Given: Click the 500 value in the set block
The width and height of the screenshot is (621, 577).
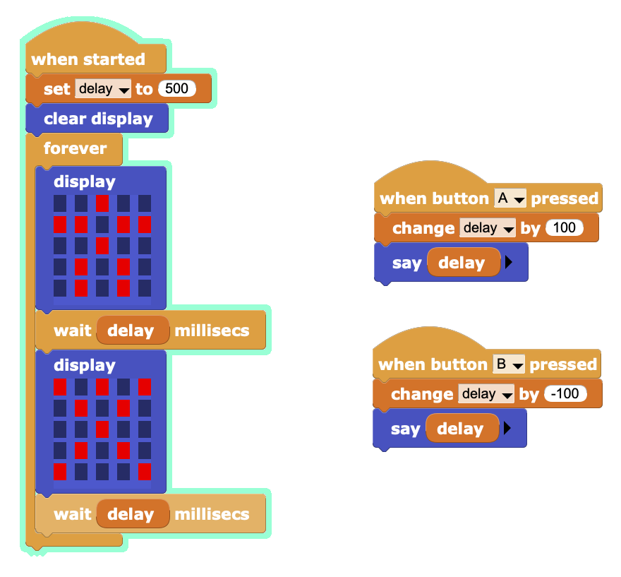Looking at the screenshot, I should [x=176, y=89].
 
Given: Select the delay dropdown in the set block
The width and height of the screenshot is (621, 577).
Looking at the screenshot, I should [x=103, y=89].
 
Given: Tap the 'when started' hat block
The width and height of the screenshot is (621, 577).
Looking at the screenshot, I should [x=88, y=59].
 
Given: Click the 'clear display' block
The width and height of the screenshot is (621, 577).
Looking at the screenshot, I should [x=97, y=119].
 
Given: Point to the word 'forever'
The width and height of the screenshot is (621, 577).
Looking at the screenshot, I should [x=75, y=148].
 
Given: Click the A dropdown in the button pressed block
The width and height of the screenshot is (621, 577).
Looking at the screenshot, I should [x=510, y=198].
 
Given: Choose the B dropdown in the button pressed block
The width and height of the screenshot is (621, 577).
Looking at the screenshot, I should [x=509, y=364].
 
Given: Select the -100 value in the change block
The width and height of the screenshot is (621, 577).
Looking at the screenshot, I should [x=565, y=394].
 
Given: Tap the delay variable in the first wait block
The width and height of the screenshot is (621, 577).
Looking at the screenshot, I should [x=131, y=331].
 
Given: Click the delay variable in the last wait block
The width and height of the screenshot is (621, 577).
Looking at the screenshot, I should [x=131, y=514].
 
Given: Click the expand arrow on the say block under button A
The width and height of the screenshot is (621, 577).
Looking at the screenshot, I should [x=510, y=263].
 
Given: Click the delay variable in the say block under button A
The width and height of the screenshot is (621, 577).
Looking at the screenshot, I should [x=462, y=263].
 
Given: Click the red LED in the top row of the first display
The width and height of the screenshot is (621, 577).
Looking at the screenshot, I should [x=102, y=203].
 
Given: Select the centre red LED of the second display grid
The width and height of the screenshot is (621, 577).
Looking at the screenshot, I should [x=102, y=429].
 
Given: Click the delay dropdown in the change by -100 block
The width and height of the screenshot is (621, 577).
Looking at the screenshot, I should [x=486, y=394].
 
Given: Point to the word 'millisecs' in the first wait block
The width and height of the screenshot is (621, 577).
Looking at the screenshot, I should [x=212, y=331].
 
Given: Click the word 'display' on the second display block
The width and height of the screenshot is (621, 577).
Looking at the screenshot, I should [x=85, y=365].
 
